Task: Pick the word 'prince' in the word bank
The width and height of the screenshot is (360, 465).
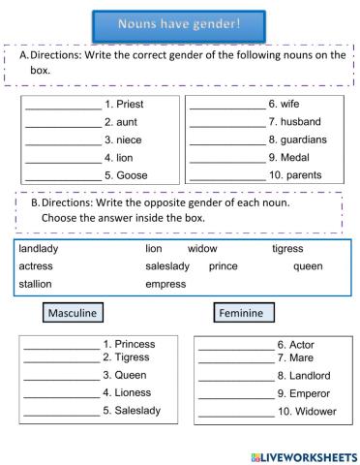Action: tap(223, 265)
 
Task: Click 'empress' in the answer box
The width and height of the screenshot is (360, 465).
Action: tap(165, 284)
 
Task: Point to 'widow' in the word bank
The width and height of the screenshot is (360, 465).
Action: tap(202, 249)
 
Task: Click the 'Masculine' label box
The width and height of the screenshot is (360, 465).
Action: tap(74, 313)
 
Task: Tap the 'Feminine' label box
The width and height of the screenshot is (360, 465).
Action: tap(244, 313)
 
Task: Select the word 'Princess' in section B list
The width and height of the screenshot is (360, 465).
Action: tap(135, 344)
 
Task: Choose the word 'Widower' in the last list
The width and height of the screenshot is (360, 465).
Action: tap(315, 412)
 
